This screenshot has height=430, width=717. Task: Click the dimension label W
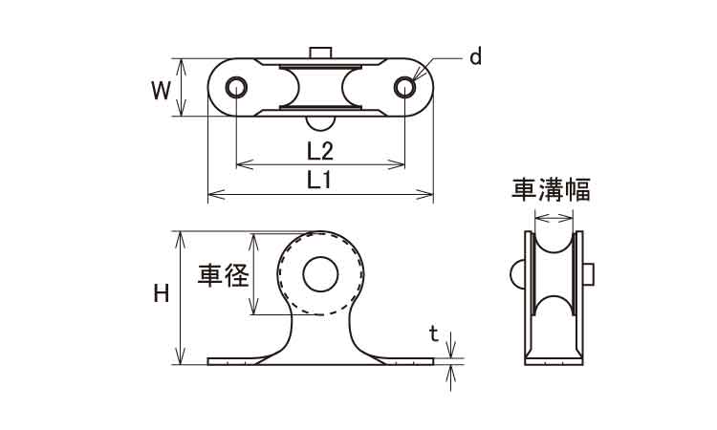tap(163, 90)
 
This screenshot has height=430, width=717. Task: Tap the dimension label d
tap(474, 57)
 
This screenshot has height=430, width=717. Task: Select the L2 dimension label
tap(319, 150)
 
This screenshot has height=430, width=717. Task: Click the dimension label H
tap(162, 296)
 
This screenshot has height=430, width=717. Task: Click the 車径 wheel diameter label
tap(223, 277)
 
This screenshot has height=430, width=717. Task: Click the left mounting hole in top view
tap(235, 88)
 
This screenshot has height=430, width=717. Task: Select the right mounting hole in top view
tap(404, 88)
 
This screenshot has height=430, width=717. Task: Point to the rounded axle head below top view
tap(320, 121)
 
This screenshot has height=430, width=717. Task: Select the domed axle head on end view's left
tap(518, 275)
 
